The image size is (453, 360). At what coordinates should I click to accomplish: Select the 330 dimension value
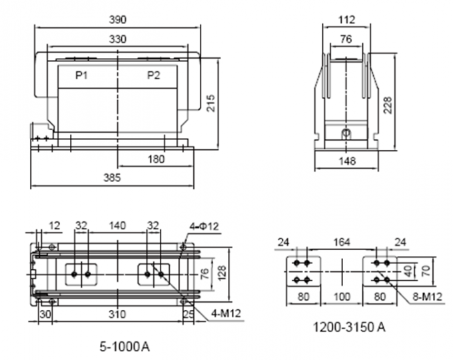click(117, 39)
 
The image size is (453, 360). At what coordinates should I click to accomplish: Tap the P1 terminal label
click(81, 75)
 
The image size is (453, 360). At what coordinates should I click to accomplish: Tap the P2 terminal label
click(153, 75)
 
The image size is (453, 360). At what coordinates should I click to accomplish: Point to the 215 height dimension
click(211, 103)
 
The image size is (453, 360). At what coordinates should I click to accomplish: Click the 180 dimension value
click(156, 159)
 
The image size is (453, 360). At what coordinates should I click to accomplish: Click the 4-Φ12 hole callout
click(204, 226)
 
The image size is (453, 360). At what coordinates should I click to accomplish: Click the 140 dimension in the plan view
click(117, 226)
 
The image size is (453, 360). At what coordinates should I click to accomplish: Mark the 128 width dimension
click(222, 271)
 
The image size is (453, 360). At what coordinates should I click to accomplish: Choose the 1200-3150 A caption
click(349, 327)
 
